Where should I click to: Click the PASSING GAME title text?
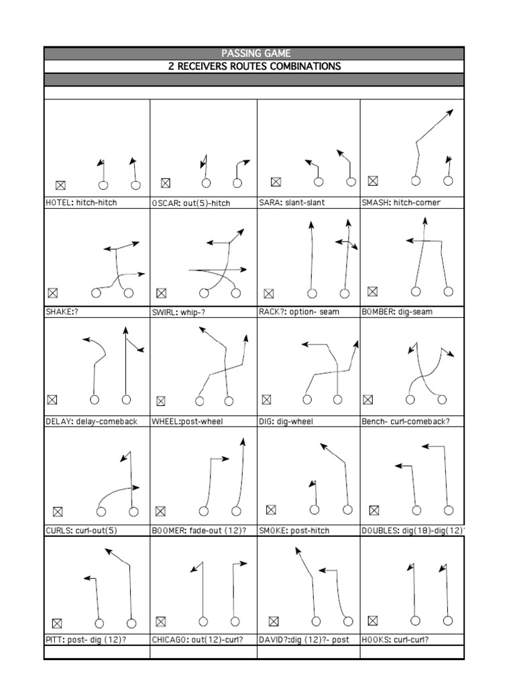(254, 53)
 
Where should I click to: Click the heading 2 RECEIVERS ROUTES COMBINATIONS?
(254, 66)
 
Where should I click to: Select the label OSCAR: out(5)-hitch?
(191, 203)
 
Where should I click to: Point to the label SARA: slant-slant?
(292, 202)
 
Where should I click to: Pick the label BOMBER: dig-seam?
(397, 311)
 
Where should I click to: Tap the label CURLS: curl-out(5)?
(81, 531)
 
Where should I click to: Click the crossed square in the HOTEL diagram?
(60, 185)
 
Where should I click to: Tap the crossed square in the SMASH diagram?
(373, 180)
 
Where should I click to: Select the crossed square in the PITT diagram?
(57, 623)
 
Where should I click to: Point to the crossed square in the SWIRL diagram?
(161, 293)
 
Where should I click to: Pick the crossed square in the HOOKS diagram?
(373, 621)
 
